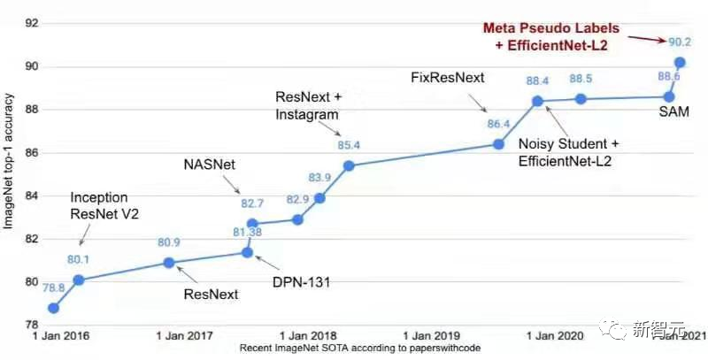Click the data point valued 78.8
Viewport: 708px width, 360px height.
pos(53,308)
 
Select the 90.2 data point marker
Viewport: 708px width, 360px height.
pos(680,63)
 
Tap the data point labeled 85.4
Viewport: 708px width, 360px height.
pos(349,165)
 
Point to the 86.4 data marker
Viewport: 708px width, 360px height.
pos(498,144)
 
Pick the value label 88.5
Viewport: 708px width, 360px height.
pos(581,79)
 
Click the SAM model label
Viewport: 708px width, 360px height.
pos(674,112)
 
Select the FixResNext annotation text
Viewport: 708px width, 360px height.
pos(447,78)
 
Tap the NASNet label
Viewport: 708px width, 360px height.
pos(210,165)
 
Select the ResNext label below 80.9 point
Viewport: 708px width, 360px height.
pos(210,295)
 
